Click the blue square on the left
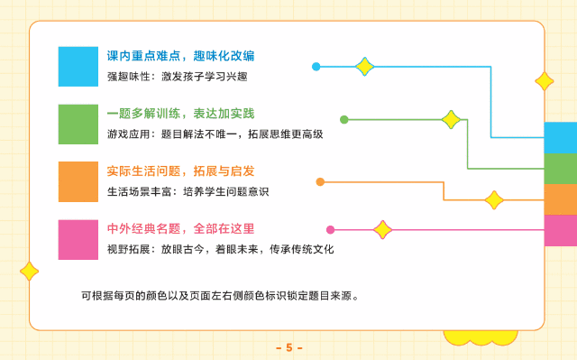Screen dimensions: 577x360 coord(78,66)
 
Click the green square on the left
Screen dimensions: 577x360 coord(78,124)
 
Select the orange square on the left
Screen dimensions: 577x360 coord(78,181)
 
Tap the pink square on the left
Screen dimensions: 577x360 coord(78,238)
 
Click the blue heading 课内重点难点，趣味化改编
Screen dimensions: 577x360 coord(180,56)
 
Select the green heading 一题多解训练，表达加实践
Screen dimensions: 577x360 coord(180,114)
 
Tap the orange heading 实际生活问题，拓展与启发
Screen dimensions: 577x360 coord(180,171)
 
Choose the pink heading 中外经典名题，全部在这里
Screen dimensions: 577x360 coord(180,228)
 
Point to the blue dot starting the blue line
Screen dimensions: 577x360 coord(316,67)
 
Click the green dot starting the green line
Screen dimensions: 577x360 coord(343,119)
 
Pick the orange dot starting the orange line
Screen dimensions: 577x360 coord(320,182)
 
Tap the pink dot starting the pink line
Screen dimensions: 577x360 coord(330,229)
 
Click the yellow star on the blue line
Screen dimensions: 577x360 coord(364,67)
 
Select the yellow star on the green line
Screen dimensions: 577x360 coord(450,119)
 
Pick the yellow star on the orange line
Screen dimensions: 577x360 coord(493,199)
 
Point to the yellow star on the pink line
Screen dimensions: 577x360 coord(383,229)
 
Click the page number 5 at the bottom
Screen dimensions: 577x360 coord(288,347)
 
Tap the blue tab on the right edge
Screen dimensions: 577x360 coord(561,138)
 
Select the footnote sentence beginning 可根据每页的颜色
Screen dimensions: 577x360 coord(220,294)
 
